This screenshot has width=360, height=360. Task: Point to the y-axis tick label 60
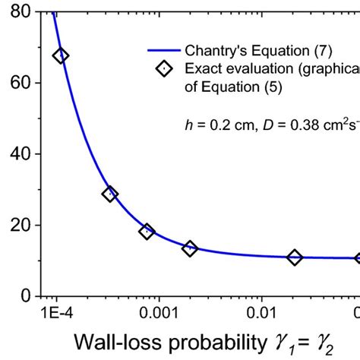[x=17, y=84]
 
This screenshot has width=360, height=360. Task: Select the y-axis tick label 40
[x=17, y=154]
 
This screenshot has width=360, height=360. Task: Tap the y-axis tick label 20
[x=17, y=226]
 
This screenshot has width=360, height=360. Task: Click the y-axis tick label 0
[x=24, y=295]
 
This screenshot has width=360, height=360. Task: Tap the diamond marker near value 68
[x=60, y=55]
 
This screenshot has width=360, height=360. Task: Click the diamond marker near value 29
[x=109, y=194]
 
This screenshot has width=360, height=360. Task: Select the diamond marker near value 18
[x=147, y=231]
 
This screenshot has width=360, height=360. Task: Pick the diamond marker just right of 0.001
[x=190, y=248]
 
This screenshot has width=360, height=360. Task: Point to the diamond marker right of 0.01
[x=294, y=257]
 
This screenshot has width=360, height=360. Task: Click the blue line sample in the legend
[x=163, y=52]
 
